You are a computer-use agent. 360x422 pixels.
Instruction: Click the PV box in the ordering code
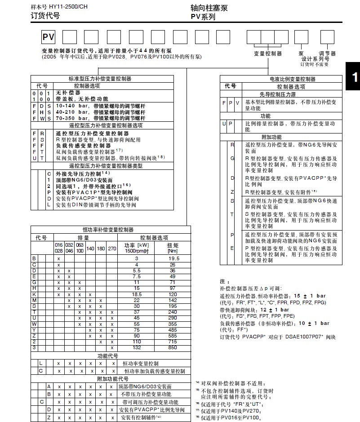pos(48,37)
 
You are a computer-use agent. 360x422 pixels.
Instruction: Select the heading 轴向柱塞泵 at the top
pos(209,9)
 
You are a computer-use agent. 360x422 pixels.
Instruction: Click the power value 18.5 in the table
pos(137,294)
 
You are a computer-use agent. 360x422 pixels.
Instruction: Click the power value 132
pos(137,347)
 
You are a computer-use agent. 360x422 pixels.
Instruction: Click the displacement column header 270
pos(112,248)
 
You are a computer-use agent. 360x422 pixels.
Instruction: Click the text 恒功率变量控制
pos(142,363)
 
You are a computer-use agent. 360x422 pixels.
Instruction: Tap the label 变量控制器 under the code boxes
pos(268,53)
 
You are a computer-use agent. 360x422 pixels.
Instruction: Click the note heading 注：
pos(225,281)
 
